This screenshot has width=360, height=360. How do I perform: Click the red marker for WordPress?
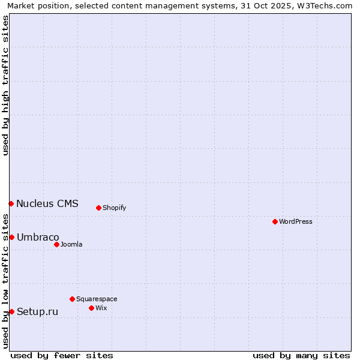point(275,221)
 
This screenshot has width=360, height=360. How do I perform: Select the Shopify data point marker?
point(98,208)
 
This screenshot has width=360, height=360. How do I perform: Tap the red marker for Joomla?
point(56,244)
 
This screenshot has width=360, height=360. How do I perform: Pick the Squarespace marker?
point(72,299)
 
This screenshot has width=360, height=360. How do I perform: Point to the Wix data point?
point(91,308)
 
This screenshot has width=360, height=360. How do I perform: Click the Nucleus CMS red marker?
point(11,203)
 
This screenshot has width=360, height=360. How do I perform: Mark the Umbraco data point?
point(11,237)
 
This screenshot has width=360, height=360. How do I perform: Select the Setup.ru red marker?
point(11,311)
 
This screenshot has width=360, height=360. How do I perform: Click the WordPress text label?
point(296,221)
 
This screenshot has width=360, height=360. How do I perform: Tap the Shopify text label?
point(114,208)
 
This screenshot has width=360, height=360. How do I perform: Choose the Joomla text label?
point(71,244)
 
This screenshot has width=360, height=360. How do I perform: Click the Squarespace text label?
point(97,299)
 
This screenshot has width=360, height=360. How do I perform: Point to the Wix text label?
point(101,308)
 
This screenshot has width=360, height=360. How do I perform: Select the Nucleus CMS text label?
point(47,203)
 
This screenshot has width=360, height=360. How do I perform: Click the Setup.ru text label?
point(37,311)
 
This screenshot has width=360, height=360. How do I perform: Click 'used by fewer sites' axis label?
point(62,355)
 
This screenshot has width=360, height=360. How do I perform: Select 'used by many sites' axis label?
point(301,355)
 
